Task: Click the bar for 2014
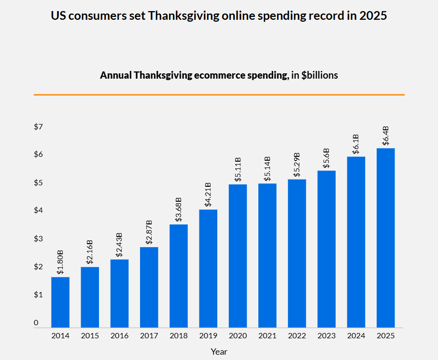point(60,302)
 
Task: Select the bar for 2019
point(208,268)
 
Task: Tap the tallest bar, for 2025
point(385,238)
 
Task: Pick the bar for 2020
point(238,256)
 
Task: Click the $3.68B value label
point(179,209)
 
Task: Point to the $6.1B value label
point(356,144)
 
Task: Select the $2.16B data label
point(90,252)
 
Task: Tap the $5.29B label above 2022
point(297,165)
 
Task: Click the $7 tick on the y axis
point(38,127)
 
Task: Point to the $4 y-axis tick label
point(38,210)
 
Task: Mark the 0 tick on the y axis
point(36,323)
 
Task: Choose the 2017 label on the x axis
point(149,335)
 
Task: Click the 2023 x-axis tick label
point(326,335)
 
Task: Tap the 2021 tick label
point(268,335)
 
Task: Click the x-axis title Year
point(219,352)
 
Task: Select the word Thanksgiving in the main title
point(184,16)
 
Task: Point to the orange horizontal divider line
point(219,95)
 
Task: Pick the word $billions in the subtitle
point(320,75)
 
